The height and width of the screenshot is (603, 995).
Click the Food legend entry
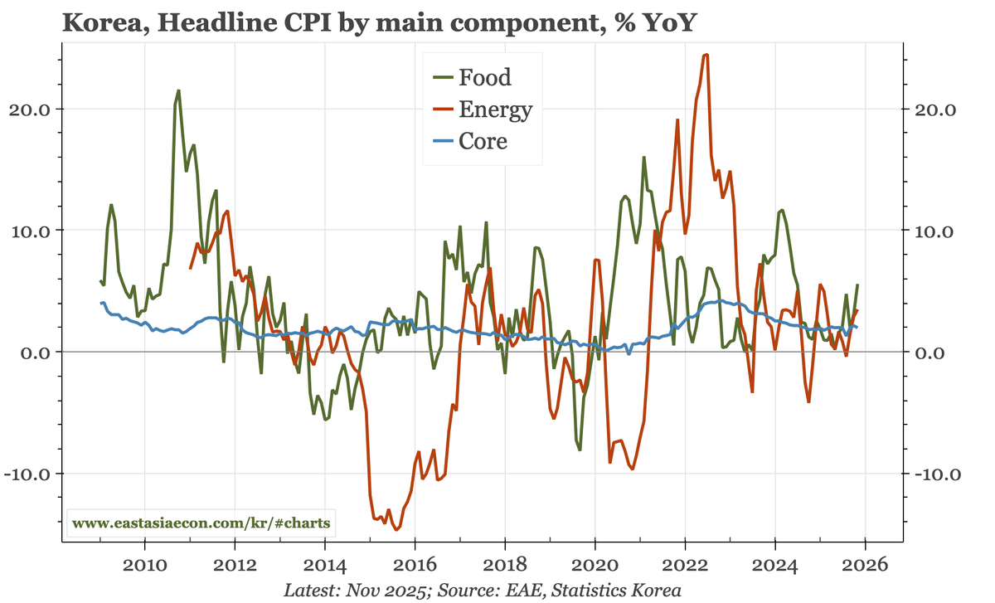click(x=483, y=78)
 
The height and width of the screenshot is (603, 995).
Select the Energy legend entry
click(x=494, y=109)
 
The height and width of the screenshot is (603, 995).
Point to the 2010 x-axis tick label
click(x=145, y=566)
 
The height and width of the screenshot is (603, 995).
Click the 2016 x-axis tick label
click(x=415, y=566)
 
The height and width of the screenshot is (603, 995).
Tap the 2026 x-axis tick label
click(x=865, y=566)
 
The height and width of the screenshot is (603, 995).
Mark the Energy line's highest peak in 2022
click(x=706, y=55)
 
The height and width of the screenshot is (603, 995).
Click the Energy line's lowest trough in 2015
click(x=396, y=529)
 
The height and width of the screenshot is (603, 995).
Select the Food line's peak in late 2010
click(x=178, y=90)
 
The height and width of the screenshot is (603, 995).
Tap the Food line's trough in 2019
click(x=580, y=450)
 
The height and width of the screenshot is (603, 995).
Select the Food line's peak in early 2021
click(x=643, y=157)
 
